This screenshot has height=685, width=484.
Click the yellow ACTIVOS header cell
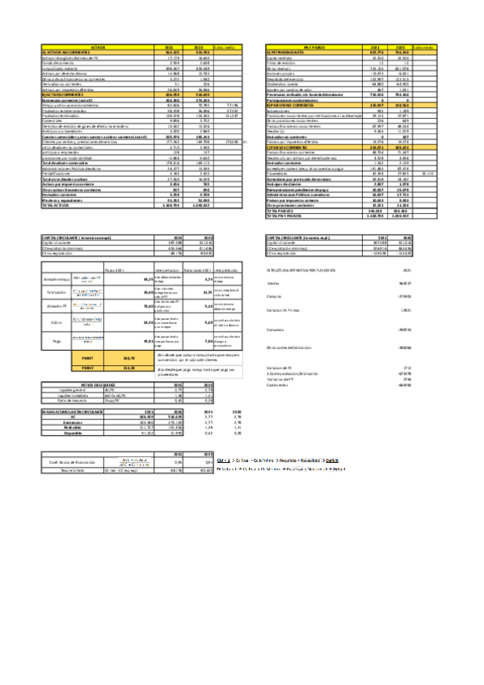[101, 48]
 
